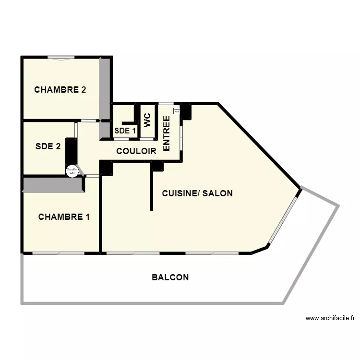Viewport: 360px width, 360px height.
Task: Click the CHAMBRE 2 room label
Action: pyautogui.click(x=60, y=89)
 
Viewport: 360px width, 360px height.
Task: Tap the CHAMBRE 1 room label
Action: pyautogui.click(x=64, y=217)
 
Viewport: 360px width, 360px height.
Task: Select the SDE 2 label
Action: pyautogui.click(x=48, y=146)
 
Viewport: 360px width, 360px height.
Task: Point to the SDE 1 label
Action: pyautogui.click(x=125, y=130)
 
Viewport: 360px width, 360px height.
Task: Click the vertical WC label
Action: pyautogui.click(x=147, y=120)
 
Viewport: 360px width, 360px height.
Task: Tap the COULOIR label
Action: pyautogui.click(x=136, y=151)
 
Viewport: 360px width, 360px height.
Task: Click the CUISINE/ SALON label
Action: pyautogui.click(x=197, y=193)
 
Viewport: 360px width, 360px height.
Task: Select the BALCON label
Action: pyautogui.click(x=170, y=277)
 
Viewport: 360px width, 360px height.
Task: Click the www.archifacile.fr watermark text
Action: pyautogui.click(x=330, y=318)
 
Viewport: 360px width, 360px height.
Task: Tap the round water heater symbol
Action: pyautogui.click(x=72, y=170)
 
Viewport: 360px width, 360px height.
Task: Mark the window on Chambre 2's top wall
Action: pyautogui.click(x=61, y=58)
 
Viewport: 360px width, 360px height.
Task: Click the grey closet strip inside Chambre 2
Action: pyautogui.click(x=104, y=89)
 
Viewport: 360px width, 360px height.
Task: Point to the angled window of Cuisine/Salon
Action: pyautogui.click(x=283, y=218)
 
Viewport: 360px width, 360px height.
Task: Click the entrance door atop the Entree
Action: pyautogui.click(x=166, y=104)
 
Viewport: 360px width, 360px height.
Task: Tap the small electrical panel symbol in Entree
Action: pyautogui.click(x=176, y=112)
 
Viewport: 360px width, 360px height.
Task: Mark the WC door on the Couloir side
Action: pyautogui.click(x=147, y=139)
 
